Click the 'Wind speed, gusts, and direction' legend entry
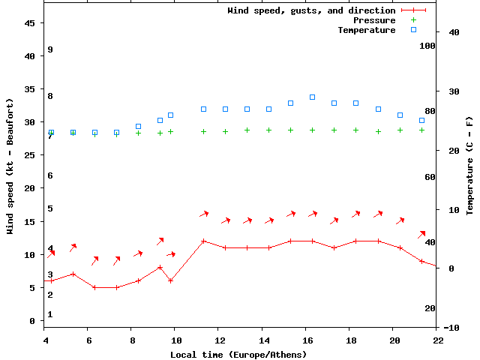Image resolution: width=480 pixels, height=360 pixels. point(311,10)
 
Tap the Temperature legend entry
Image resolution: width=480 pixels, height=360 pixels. point(366,30)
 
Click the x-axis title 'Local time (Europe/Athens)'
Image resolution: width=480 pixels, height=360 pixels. point(238,354)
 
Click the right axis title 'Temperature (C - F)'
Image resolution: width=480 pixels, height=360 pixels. point(469,166)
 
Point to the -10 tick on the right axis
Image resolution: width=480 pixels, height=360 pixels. point(451,328)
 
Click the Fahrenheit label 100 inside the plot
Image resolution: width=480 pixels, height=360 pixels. point(427,46)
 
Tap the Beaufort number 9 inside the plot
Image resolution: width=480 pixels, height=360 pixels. point(49,49)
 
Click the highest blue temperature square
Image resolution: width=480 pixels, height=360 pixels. point(312,97)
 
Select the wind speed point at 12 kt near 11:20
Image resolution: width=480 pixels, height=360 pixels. point(203,241)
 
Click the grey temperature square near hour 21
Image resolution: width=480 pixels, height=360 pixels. point(421,120)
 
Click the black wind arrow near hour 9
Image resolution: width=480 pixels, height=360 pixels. point(160,241)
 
